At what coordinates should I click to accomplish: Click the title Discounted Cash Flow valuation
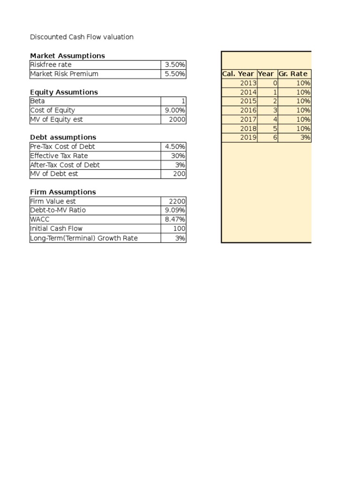click(82, 37)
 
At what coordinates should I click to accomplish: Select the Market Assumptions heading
click(67, 56)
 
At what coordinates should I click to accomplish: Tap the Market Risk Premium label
click(64, 74)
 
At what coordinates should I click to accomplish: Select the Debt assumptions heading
click(63, 137)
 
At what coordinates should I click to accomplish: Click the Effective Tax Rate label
click(59, 156)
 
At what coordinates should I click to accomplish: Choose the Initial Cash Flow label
click(56, 229)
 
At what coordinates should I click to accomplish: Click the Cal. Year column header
click(238, 74)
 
